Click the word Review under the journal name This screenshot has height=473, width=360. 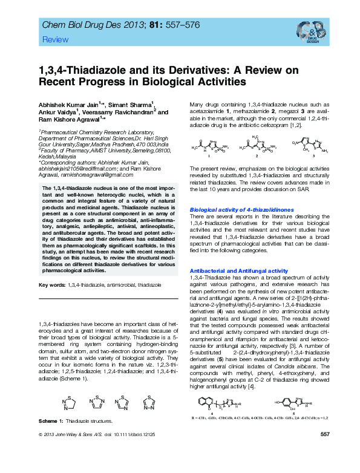[x=52, y=39]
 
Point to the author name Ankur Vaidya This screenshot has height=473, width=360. [x=58, y=112]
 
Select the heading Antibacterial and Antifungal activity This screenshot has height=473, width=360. [x=239, y=270]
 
